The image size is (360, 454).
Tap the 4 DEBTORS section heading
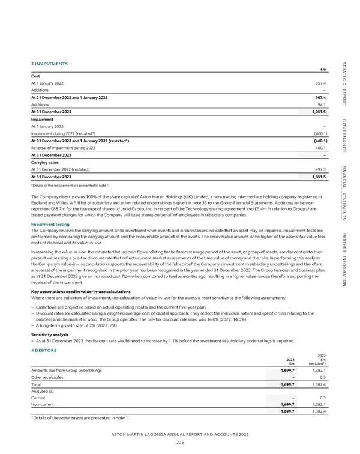[x=44, y=350]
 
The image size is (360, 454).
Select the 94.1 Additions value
[x=320, y=103]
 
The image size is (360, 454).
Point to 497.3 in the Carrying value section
[x=320, y=153]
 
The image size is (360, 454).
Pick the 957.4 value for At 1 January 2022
[x=320, y=83]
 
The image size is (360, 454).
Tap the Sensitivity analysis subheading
[x=53, y=334]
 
